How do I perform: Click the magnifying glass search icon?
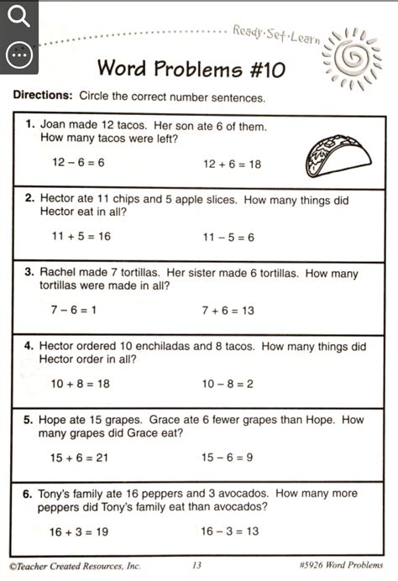[x=18, y=18]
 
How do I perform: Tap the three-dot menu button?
[x=18, y=55]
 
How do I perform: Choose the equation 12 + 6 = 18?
[x=232, y=165]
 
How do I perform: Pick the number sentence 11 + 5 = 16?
[x=81, y=237]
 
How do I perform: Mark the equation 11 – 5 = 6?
[x=228, y=238]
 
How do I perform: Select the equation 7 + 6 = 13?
[x=228, y=311]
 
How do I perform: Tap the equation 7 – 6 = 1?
[x=74, y=311]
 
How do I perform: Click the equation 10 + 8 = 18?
[x=80, y=384]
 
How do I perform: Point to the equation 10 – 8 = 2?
[x=228, y=384]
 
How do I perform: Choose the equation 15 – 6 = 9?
[x=228, y=458]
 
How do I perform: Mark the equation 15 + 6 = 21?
[x=80, y=458]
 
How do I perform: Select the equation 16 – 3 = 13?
[x=229, y=531]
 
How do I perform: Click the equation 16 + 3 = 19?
[x=80, y=531]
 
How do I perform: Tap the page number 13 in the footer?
[x=196, y=566]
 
